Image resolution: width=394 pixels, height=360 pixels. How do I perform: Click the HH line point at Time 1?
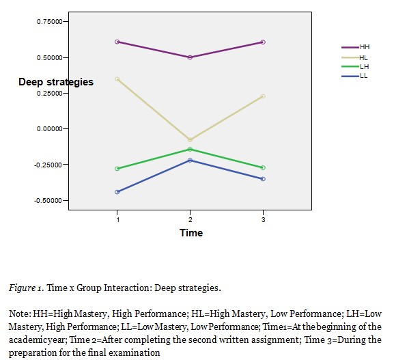pos(117,42)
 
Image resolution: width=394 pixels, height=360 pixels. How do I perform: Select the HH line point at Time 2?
pos(190,57)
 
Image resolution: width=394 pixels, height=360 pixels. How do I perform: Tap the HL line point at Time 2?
pos(190,140)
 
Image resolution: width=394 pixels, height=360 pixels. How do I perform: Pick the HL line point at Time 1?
pos(117,79)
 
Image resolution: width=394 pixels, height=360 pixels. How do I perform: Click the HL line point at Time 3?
pos(263,96)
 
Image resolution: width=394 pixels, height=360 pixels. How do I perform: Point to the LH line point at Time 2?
pos(190,149)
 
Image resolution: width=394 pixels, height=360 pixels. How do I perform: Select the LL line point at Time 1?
pos(117,192)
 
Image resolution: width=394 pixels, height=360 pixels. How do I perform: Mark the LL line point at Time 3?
pos(263,179)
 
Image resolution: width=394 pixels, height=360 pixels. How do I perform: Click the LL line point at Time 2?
pos(190,160)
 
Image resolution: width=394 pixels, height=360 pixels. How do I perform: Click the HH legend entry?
pos(355,47)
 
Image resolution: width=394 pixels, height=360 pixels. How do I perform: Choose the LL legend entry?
pos(355,75)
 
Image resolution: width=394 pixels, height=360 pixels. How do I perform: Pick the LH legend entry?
pos(355,66)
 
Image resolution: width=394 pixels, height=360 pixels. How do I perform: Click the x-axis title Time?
pos(191,233)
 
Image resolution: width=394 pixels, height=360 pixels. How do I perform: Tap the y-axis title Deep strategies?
pos(56,82)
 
